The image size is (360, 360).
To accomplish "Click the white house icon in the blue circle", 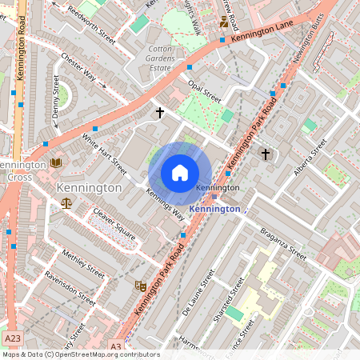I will click(180, 173).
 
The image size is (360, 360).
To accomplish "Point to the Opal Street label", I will click(203, 89).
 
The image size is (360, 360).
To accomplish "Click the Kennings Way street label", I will click(166, 202).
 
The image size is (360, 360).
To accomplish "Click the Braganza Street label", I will click(282, 242).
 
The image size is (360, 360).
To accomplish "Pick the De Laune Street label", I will click(198, 292).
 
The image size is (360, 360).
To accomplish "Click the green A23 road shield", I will click(11, 337).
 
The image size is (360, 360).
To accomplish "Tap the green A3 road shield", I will click(115, 346).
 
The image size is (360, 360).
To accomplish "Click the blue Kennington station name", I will click(214, 209).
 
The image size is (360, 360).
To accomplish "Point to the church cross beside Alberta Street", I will click(266, 153).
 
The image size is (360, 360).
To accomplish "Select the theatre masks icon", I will click(140, 285).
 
